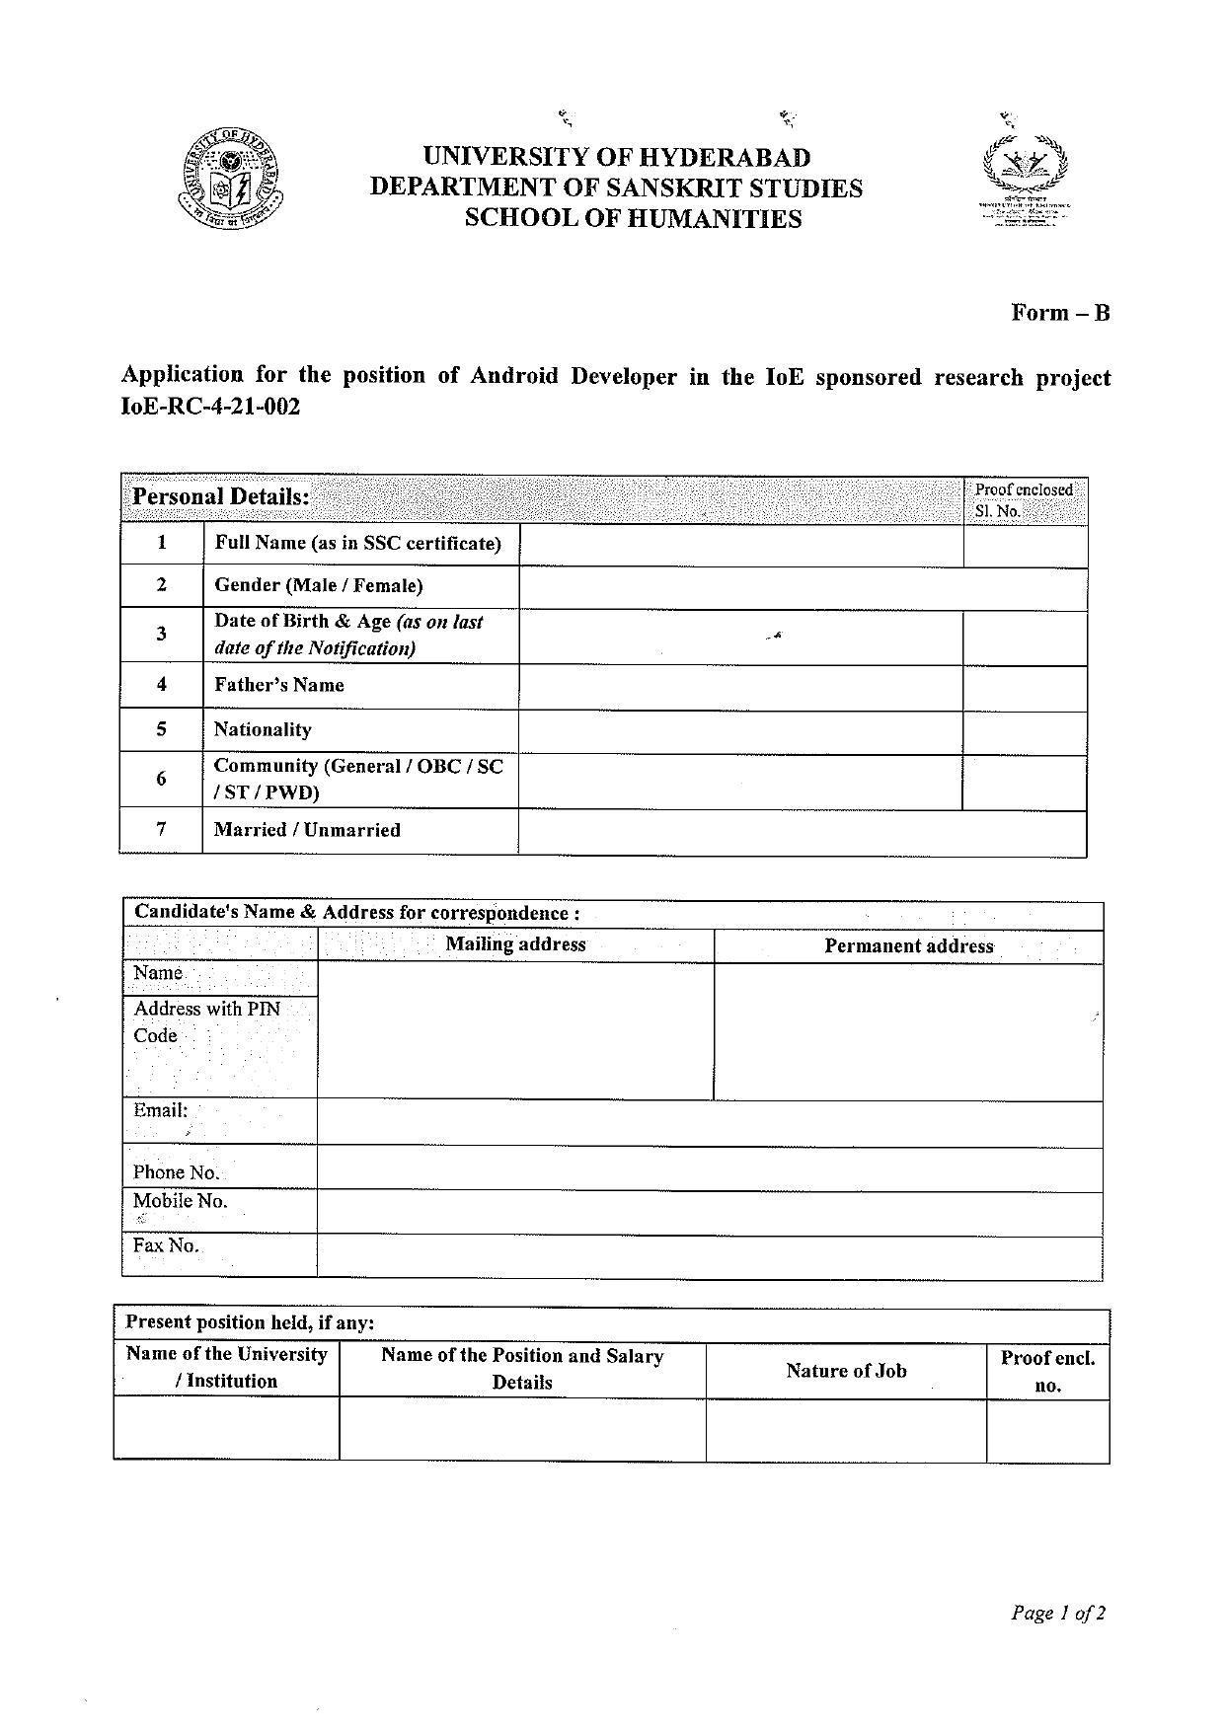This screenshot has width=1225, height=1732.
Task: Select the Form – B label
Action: [1060, 313]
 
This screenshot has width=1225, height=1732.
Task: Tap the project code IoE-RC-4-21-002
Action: [209, 407]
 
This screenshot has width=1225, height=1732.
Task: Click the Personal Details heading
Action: [221, 496]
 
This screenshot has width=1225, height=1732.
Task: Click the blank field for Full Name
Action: [740, 545]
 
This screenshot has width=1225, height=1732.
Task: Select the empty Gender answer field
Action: [802, 587]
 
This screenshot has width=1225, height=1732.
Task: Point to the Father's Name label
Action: [279, 686]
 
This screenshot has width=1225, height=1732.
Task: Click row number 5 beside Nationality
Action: [161, 730]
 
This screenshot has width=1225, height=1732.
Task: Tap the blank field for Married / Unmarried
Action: [802, 832]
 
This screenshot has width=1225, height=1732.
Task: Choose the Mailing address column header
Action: [515, 944]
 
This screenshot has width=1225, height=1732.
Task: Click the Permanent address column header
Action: [908, 946]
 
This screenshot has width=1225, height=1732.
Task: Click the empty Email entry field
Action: [709, 1123]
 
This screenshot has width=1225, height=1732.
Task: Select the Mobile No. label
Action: [181, 1201]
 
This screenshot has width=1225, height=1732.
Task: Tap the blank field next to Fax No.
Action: [709, 1256]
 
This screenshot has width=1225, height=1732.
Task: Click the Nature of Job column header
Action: [846, 1371]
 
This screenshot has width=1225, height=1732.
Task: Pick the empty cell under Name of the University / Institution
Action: [226, 1428]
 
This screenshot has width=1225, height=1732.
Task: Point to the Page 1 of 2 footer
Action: [1057, 1614]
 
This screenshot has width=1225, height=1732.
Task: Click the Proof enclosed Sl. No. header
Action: [1024, 500]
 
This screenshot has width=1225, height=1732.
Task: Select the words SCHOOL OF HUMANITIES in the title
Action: [633, 219]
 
